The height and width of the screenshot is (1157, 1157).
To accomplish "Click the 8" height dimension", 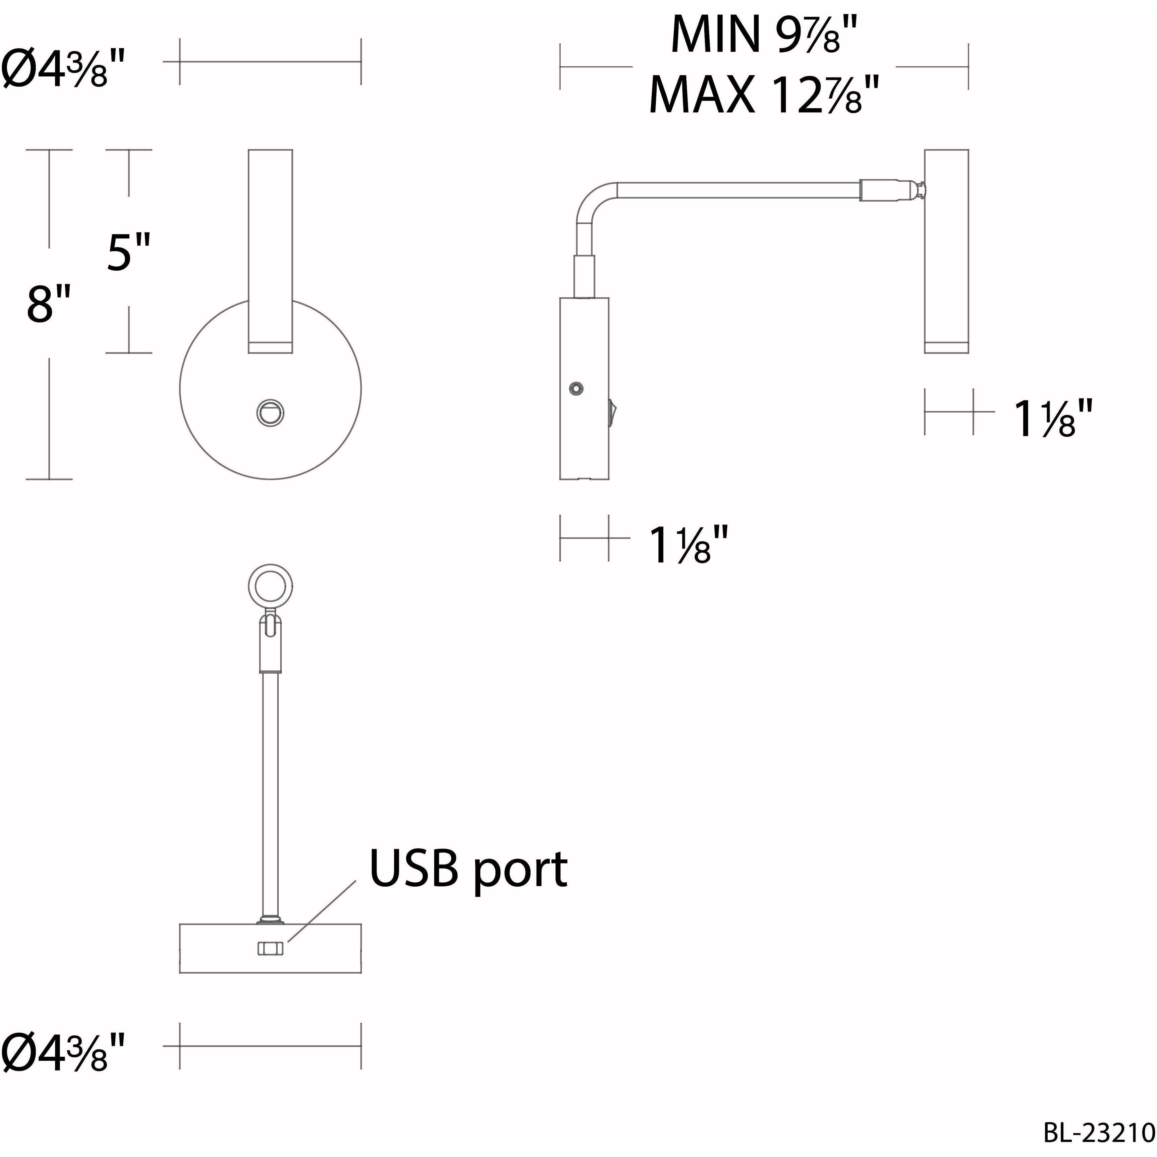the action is tap(49, 304).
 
